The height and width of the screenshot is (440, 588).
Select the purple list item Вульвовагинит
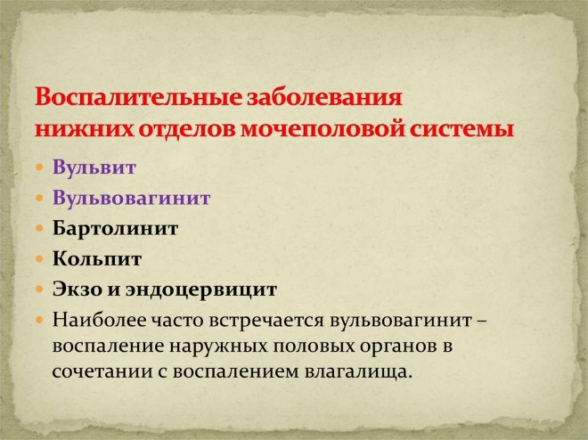(131, 198)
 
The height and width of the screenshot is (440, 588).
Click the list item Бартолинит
(116, 228)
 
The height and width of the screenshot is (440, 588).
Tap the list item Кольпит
(97, 259)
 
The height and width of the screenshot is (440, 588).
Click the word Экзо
(78, 289)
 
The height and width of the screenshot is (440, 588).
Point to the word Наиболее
(95, 318)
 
